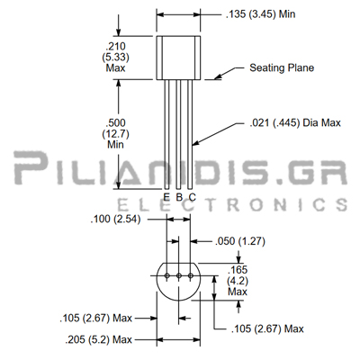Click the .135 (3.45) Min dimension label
(260, 14)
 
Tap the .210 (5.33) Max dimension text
(115, 57)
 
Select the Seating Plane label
(282, 67)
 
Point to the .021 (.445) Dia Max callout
(295, 122)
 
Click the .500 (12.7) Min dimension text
(115, 133)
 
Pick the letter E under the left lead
(166, 197)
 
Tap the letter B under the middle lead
(179, 197)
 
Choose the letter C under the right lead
(193, 197)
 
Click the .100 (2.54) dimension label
(115, 219)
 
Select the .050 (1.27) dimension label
(240, 241)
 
